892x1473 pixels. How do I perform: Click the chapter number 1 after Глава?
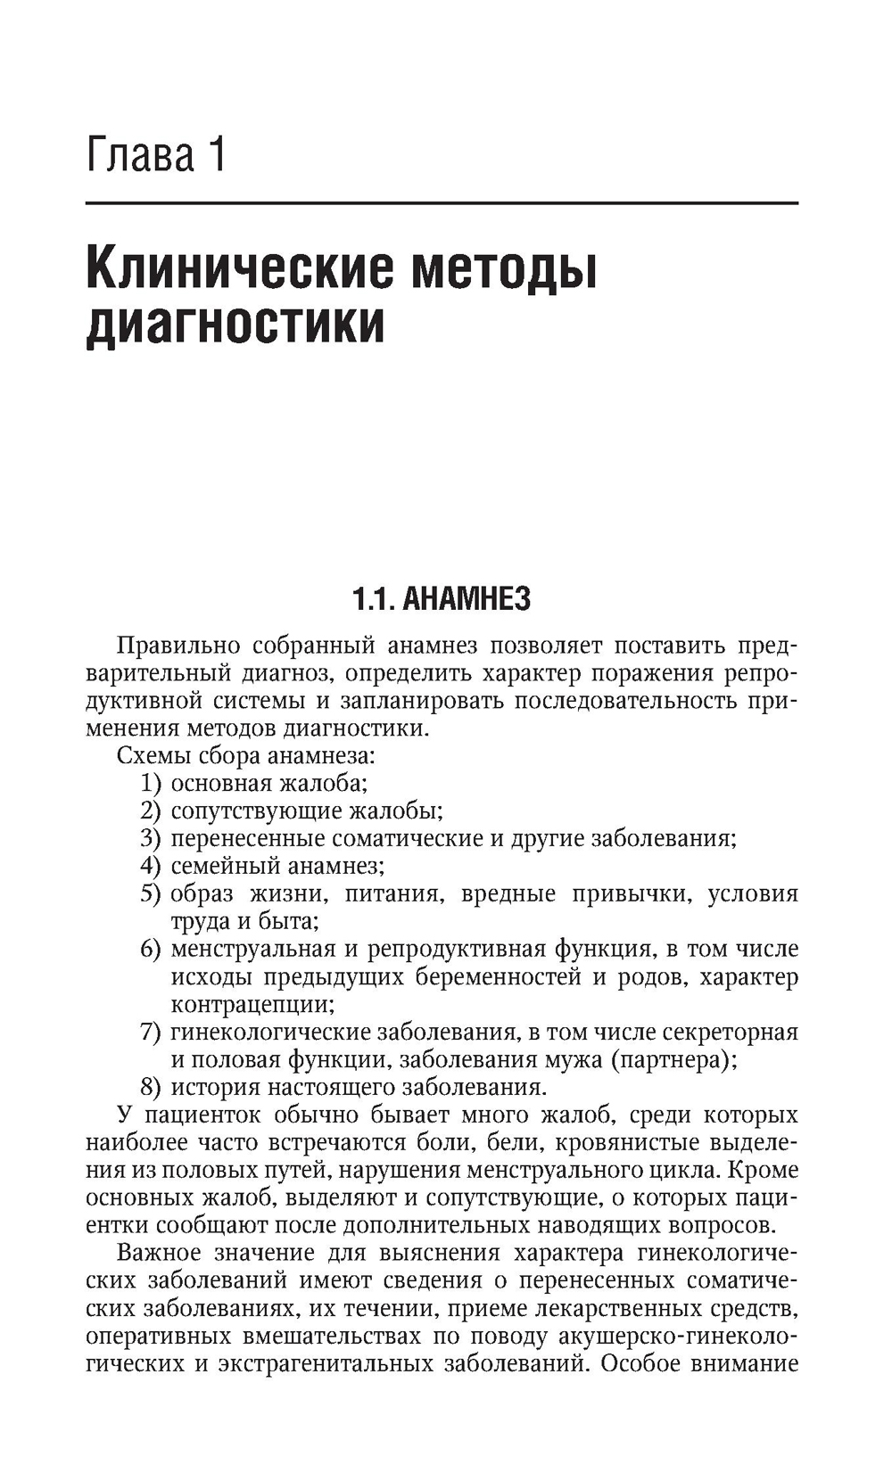pyautogui.click(x=214, y=155)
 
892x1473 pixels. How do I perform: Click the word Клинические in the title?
pyautogui.click(x=238, y=269)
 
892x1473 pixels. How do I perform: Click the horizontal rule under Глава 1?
pyautogui.click(x=442, y=204)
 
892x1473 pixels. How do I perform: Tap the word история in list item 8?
pyautogui.click(x=215, y=1087)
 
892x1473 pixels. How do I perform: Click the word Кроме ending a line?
pyautogui.click(x=764, y=1170)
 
